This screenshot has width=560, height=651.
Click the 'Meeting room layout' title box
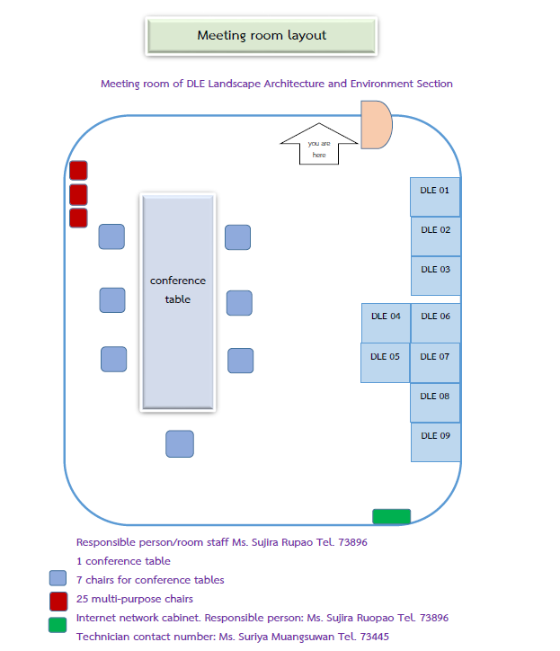click(x=262, y=36)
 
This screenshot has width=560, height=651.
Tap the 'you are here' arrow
click(x=319, y=145)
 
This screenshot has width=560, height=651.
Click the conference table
click(x=178, y=301)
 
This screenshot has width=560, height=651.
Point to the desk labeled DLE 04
click(x=386, y=323)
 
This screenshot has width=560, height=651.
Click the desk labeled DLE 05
click(x=386, y=362)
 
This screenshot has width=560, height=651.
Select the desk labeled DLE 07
click(x=435, y=362)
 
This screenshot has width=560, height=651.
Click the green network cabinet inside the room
click(x=392, y=516)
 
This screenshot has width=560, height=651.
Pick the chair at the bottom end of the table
click(x=180, y=444)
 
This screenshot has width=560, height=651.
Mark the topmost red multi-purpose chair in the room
click(x=78, y=170)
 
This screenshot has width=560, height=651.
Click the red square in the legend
click(x=58, y=600)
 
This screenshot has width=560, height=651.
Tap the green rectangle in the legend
click(x=58, y=625)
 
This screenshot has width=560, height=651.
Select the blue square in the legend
click(x=58, y=579)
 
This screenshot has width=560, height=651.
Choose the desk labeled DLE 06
click(x=435, y=323)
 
